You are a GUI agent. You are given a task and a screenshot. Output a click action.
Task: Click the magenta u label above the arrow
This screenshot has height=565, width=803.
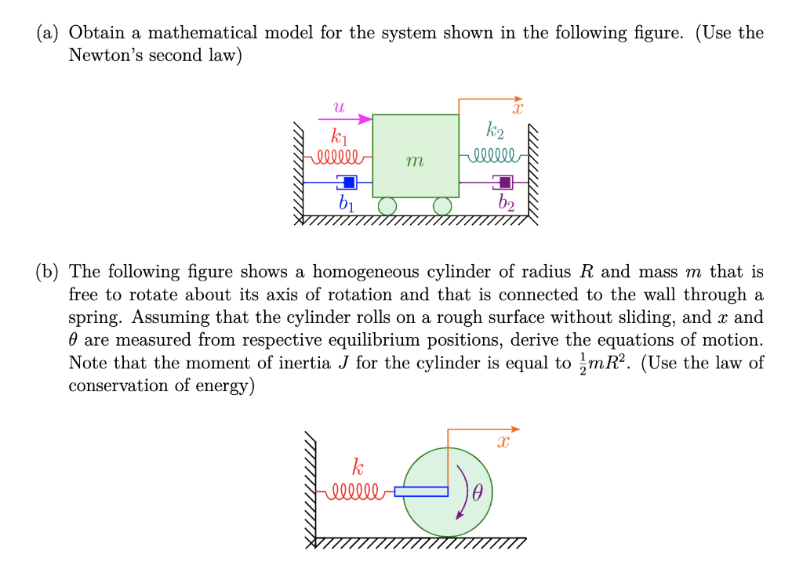coord(339,105)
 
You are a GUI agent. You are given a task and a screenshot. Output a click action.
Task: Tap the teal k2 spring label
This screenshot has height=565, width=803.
coord(496,130)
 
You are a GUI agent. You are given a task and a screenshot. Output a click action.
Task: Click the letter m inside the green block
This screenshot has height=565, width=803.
coord(415,161)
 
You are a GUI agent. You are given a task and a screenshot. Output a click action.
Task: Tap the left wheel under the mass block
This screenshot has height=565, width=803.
coord(387,206)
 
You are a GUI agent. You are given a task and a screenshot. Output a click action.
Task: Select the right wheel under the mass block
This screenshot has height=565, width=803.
coord(443,206)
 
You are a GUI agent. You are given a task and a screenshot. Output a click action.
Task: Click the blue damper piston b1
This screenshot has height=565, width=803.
coord(348,182)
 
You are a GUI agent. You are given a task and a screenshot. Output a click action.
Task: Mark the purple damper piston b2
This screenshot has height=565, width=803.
coord(504,182)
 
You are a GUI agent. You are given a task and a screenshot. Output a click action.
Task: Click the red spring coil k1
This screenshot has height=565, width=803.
coord(336,154)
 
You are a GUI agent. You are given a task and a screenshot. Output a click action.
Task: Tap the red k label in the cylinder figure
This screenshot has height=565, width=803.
coord(358,469)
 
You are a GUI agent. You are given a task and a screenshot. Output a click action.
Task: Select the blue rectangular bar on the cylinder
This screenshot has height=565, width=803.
coord(421,491)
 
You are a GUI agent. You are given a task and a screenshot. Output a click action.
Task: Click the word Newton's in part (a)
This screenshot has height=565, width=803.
coord(104,56)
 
